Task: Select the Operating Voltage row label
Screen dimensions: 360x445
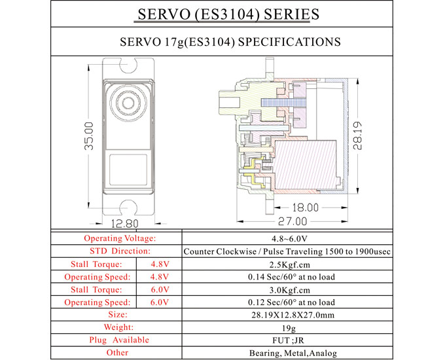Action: (120, 239)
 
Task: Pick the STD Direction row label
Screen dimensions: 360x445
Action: (120, 251)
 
